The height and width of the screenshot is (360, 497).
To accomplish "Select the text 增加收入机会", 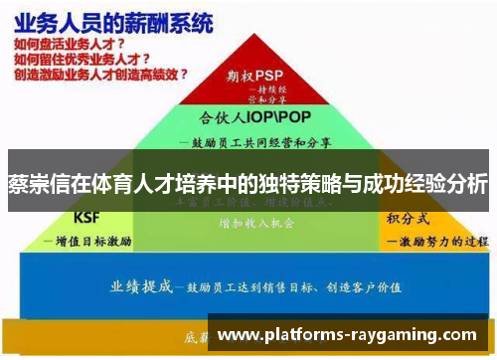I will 257,224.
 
